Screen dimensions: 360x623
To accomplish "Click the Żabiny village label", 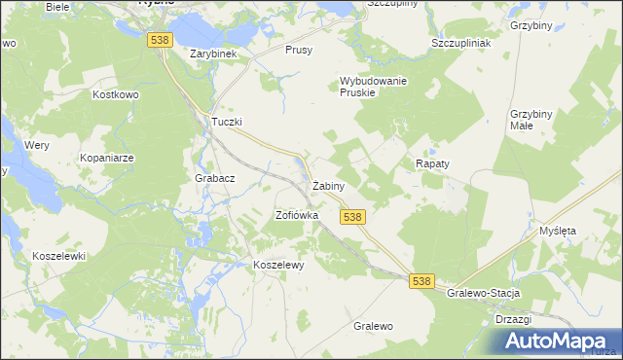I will tap(327, 185).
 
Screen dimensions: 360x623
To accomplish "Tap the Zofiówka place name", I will tap(297, 215).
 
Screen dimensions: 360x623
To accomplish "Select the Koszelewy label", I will tap(279, 265).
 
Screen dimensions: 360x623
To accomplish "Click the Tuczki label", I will tap(227, 122).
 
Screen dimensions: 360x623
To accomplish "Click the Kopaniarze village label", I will tap(109, 157).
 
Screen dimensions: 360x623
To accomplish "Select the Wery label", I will tap(37, 144).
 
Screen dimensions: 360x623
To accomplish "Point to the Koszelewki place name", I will tap(59, 256).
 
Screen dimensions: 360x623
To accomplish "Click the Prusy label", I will tap(299, 50).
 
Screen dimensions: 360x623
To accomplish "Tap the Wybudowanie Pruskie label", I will tap(373, 87).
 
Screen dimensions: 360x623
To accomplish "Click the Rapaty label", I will tap(432, 164).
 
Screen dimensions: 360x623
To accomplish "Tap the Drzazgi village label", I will tap(512, 318).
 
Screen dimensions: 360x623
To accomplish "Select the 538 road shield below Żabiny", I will tap(353, 217).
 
